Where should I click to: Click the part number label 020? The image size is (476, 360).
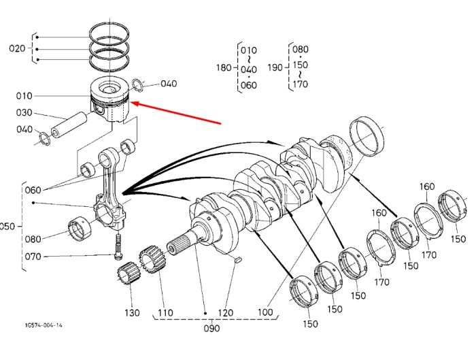coord(17,48)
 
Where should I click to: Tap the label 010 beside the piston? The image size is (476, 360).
coord(24,96)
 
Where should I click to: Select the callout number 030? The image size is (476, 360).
coord(24,113)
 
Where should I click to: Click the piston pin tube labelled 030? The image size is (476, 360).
coord(69,124)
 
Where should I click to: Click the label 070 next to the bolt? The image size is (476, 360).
coord(33,257)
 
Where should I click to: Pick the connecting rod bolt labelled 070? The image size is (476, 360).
coord(118,247)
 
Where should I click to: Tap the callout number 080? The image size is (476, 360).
coord(33,239)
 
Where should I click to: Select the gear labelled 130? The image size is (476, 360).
coord(129,273)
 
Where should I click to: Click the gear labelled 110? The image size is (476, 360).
coord(152,261)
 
